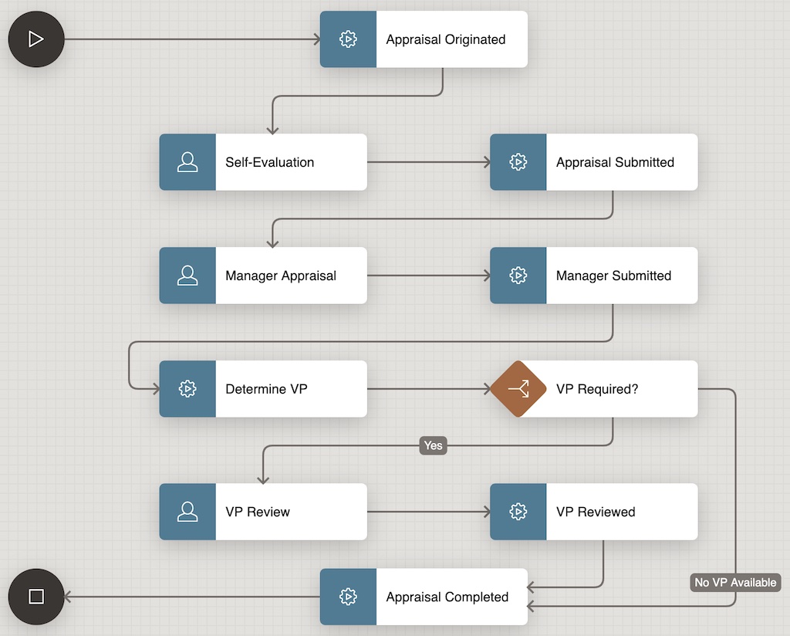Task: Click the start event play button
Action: [x=36, y=39]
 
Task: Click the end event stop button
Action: [x=36, y=597]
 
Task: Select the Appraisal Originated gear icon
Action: [x=348, y=39]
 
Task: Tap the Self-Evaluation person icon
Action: [x=187, y=162]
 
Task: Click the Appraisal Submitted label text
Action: [x=615, y=162]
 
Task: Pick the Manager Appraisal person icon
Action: [x=187, y=276]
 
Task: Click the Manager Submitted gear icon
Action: [x=518, y=276]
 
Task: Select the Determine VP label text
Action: [x=266, y=389]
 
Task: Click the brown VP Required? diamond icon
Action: [x=518, y=389]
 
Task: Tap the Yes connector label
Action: [x=434, y=445]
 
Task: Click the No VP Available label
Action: [x=735, y=582]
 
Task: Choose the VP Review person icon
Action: [x=187, y=512]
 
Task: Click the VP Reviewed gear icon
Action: [x=518, y=512]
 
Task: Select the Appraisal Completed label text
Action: [x=447, y=597]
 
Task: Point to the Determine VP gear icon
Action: [x=187, y=389]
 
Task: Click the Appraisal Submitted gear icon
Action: [x=518, y=162]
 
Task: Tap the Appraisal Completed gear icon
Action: [x=348, y=597]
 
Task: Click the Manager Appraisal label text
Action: [x=281, y=276]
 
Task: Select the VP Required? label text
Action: [x=597, y=389]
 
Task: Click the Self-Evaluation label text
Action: [x=269, y=162]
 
